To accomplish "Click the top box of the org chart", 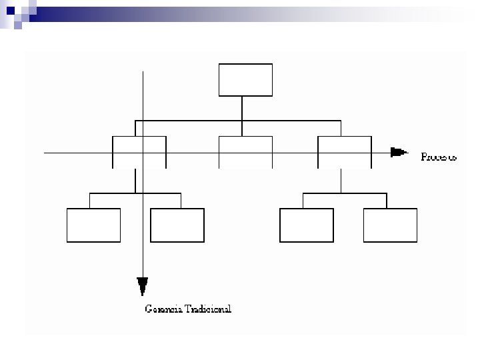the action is click(x=245, y=80).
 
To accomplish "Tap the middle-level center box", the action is click(x=245, y=152).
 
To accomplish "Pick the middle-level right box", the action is click(x=344, y=152).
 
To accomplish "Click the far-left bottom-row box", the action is click(x=94, y=225).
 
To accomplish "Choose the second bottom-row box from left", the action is click(x=177, y=225).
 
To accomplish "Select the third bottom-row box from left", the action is click(x=307, y=225).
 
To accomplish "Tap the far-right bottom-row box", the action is click(x=390, y=225).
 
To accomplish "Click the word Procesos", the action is click(x=439, y=157).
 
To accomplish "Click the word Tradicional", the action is click(x=207, y=309).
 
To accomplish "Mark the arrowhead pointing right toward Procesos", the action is click(x=399, y=152).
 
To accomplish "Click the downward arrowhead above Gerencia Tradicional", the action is click(x=142, y=285).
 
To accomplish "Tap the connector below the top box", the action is click(x=242, y=108).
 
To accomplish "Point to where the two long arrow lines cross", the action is click(x=143, y=153).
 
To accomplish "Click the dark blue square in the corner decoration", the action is click(x=11, y=10).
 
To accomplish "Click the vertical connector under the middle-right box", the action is click(x=341, y=180).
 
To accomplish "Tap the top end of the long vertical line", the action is click(x=143, y=71).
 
